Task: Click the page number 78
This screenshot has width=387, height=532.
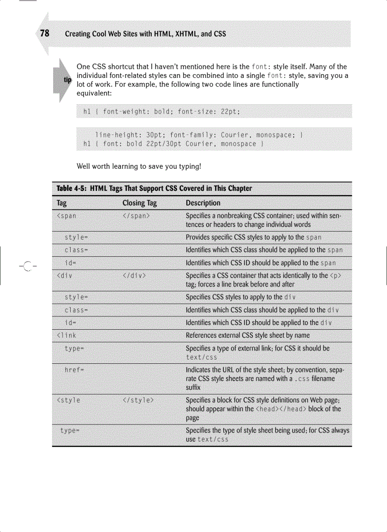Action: [45, 33]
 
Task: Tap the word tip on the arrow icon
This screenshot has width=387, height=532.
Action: [67, 80]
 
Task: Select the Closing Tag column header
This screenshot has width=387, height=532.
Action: [139, 203]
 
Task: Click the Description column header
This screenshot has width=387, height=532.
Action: [203, 203]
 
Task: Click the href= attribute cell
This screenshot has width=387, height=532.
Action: [75, 370]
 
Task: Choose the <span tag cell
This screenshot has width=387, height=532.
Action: [66, 216]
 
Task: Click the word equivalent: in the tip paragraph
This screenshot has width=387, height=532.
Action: [94, 93]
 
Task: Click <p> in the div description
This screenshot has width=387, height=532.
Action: [335, 276]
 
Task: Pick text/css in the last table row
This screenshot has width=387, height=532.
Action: [213, 439]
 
